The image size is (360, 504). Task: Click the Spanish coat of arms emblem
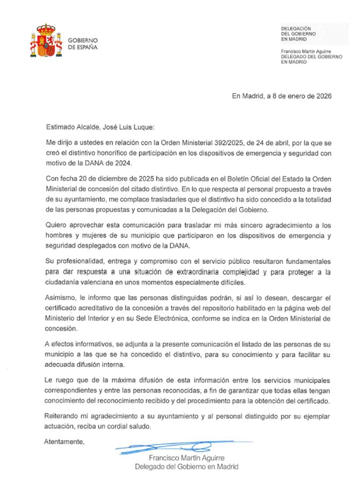coord(46,41)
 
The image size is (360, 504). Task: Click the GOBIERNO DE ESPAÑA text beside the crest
coord(83,44)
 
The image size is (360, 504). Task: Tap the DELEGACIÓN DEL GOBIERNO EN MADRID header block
coord(299,34)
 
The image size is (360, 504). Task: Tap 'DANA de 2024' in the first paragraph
coord(112,163)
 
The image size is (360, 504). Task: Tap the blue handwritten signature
coord(173,447)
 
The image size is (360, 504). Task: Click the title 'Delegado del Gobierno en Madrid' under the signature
coord(187,467)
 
